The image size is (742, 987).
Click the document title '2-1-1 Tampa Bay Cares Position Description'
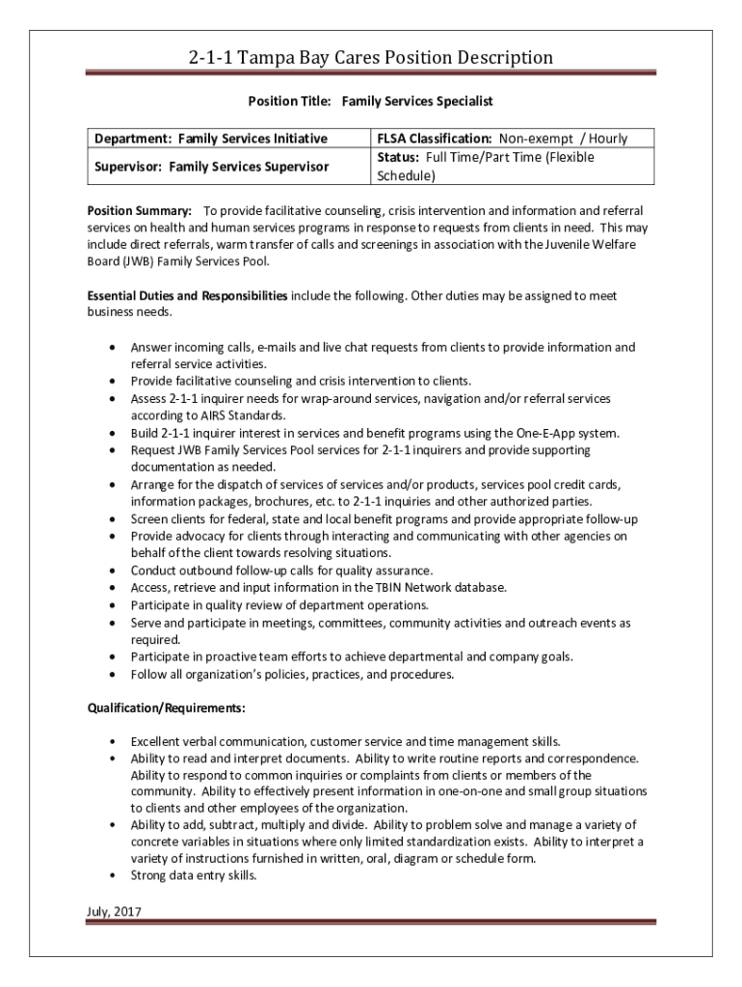pyautogui.click(x=371, y=58)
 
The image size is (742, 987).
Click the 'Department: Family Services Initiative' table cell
pyautogui.click(x=211, y=139)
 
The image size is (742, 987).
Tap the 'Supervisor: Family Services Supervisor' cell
pyautogui.click(x=211, y=167)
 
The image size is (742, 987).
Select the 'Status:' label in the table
pyautogui.click(x=397, y=157)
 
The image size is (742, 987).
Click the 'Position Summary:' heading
pyautogui.click(x=140, y=210)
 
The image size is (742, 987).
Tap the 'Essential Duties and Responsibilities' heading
pyautogui.click(x=187, y=296)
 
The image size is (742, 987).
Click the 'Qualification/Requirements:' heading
pyautogui.click(x=166, y=708)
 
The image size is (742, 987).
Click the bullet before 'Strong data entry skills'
pyautogui.click(x=115, y=876)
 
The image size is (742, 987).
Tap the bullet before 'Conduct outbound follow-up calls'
pyautogui.click(x=115, y=571)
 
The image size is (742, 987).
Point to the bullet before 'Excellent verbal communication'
pyautogui.click(x=115, y=742)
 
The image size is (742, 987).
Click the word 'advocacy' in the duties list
pyautogui.click(x=206, y=536)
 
